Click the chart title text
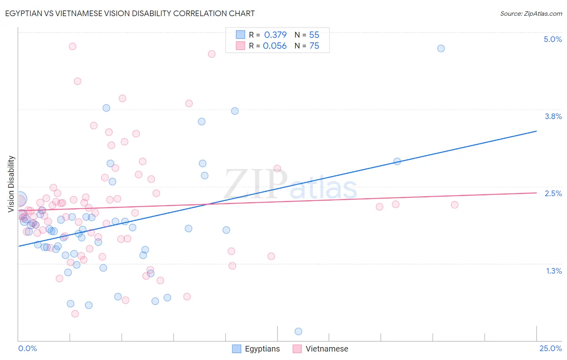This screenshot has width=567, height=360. point(130,13)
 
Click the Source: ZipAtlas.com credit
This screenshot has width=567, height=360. point(531,14)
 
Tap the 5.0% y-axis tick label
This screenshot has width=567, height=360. point(552,39)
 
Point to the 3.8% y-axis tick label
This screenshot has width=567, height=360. point(553,116)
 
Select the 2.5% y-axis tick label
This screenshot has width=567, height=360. point(553,193)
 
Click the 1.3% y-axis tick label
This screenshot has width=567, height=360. point(554,271)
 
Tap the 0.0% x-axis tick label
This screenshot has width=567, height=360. point(27,348)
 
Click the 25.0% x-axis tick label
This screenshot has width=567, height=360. point(550,348)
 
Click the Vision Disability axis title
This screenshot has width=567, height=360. point(11,184)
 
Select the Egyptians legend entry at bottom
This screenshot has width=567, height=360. point(256,349)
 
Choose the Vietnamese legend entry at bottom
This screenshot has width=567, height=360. point(321,349)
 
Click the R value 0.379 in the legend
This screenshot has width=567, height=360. point(275,35)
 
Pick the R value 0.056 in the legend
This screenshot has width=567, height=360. point(275,46)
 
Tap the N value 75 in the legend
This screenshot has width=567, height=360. point(314,46)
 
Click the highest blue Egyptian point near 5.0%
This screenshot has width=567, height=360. point(441,48)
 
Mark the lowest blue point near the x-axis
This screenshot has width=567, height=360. point(298,331)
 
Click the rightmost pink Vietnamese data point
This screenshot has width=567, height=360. point(454,205)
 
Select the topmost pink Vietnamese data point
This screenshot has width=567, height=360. point(73,46)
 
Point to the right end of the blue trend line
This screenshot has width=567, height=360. point(536,131)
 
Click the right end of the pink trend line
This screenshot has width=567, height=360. point(536,193)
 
